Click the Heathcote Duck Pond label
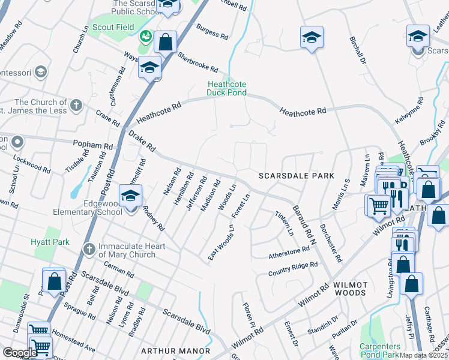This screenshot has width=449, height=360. (x=227, y=88)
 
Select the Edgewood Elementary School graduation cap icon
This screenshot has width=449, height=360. (x=130, y=196)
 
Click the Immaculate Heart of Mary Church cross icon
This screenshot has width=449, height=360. (x=89, y=248)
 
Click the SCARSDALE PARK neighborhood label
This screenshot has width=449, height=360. (x=295, y=176)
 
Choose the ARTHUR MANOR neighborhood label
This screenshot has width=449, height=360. (x=175, y=350)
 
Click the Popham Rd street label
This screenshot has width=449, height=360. (x=92, y=146)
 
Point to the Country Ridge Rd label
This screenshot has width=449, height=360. (x=292, y=268)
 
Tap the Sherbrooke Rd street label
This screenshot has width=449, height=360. (x=197, y=62)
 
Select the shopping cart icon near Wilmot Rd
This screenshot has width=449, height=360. (x=378, y=206)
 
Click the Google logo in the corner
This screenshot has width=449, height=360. (x=19, y=353)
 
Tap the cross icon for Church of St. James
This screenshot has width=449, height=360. (x=76, y=106)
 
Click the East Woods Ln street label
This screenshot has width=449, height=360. (x=220, y=241)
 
